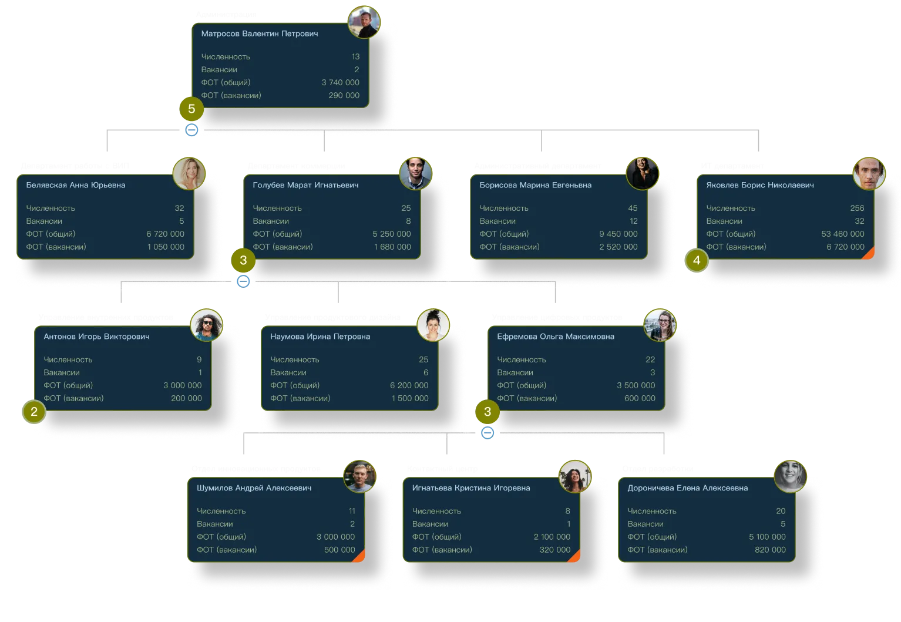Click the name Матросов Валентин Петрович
coord(260,33)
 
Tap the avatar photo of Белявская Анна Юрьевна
coord(189,173)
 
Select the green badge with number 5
coord(191,109)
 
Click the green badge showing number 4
coord(697,260)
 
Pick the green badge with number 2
coord(34,412)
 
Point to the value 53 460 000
coord(842,234)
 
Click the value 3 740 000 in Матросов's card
coord(340,82)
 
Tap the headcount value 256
coord(857,208)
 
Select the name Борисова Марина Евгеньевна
coord(535,185)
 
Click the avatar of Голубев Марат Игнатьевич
coord(416,173)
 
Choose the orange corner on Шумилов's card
coord(360,557)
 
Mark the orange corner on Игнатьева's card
coord(576,557)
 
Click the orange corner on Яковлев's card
coord(869,254)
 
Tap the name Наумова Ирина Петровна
coord(320,337)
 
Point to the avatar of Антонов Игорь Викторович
coord(207,325)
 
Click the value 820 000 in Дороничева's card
coord(770,550)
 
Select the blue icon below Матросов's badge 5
coord(191,129)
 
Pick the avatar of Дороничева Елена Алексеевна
coord(790,475)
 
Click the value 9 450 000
coord(618,234)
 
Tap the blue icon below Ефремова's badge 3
coord(487,433)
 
